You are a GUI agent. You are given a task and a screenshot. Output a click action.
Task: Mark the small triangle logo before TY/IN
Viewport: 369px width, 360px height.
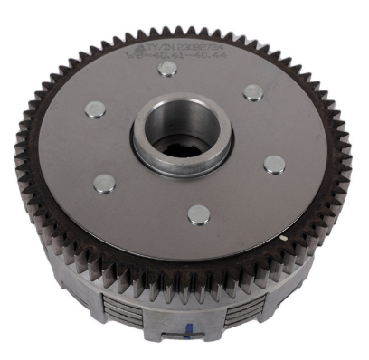[x=146, y=43]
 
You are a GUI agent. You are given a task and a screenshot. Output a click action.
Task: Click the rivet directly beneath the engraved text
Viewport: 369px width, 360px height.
[x=166, y=70]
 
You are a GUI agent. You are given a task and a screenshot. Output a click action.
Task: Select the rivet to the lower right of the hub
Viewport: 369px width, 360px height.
[x=274, y=164]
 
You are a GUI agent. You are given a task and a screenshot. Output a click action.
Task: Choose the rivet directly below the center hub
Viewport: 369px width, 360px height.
[x=198, y=215]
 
